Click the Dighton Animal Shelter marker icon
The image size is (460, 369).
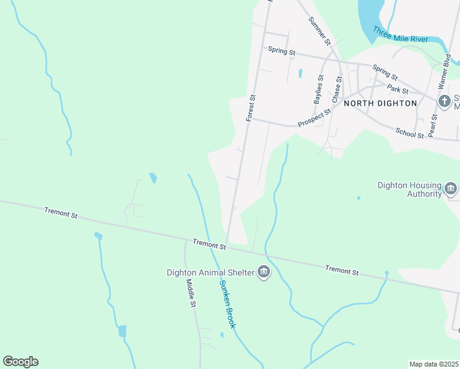264,272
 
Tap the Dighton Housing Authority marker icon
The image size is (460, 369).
451,189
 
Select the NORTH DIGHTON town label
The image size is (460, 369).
380,103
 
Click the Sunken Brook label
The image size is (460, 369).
228,304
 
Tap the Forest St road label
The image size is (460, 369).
250,107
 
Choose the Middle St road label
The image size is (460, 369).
191,293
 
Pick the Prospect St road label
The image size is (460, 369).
314,115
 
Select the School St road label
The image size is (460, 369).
410,132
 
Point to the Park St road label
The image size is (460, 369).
398,90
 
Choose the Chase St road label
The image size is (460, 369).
336,89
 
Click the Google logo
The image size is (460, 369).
20,362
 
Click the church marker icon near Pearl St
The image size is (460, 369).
444,101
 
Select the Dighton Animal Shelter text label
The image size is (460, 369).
210,272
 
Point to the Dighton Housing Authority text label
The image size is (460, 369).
410,189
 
